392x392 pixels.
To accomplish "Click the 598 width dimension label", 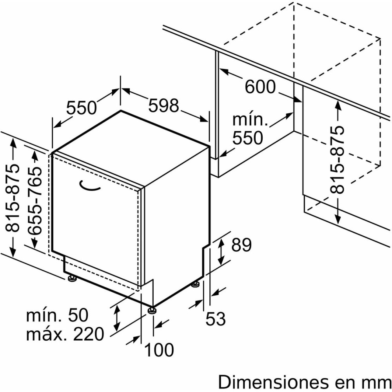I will (163, 105).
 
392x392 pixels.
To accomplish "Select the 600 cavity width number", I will (260, 87).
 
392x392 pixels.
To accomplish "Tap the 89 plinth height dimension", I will (241, 245).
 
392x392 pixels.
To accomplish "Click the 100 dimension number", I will (159, 350).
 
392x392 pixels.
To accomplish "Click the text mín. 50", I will (57, 315).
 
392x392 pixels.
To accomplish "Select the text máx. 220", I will (65, 334).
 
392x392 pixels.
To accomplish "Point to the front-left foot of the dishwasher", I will (73, 279).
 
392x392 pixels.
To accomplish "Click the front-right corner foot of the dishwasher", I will (152, 310).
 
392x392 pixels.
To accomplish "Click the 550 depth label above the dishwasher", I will (81, 108).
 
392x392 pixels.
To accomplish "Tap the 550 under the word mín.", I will (247, 138).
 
